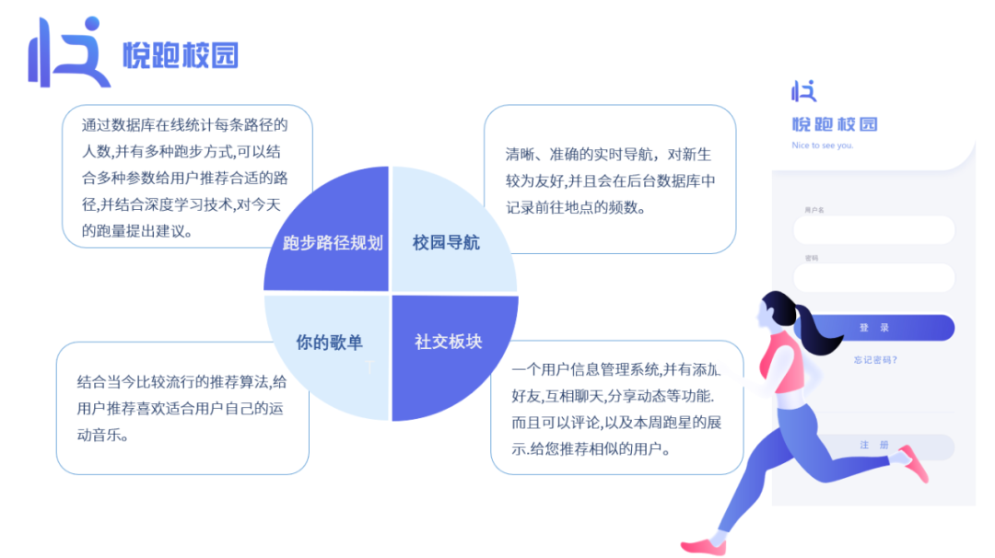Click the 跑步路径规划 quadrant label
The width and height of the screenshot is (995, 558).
[x=333, y=243]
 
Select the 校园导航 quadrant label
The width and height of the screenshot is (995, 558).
[x=446, y=243]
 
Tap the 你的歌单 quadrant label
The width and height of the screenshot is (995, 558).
[x=329, y=343]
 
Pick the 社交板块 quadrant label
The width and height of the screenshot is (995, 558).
[x=448, y=342]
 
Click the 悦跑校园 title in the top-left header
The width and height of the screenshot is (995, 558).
[x=181, y=55]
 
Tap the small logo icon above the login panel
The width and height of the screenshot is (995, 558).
[x=803, y=90]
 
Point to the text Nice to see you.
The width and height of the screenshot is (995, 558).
[x=822, y=145]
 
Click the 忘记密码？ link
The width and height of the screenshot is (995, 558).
[x=874, y=360]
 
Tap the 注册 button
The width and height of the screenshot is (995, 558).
[x=875, y=446]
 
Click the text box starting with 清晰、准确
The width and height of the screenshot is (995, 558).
[x=609, y=180]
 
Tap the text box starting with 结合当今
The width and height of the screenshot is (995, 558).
[x=182, y=408]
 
